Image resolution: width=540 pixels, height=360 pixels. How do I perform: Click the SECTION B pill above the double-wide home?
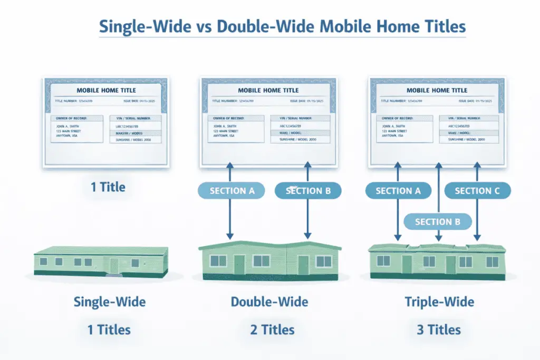(308, 191)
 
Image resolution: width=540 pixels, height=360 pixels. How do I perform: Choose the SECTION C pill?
(477, 191)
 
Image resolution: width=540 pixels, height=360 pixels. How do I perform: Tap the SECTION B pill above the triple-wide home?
(437, 222)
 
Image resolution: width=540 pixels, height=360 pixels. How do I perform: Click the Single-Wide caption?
(110, 302)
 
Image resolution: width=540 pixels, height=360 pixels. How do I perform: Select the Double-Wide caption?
(269, 302)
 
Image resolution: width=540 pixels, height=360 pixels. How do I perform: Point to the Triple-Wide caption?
(439, 302)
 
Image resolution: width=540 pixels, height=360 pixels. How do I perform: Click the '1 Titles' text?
(109, 330)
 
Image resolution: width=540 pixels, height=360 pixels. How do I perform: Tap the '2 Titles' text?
(273, 330)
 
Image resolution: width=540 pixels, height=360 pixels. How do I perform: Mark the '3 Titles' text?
(439, 330)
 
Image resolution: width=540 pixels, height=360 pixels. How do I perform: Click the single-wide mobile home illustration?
(98, 261)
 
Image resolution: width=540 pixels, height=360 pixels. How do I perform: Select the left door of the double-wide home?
(239, 264)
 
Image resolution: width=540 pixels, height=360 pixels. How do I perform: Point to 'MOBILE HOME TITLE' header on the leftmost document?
(106, 90)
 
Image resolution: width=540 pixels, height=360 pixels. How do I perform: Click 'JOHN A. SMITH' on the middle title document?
(226, 127)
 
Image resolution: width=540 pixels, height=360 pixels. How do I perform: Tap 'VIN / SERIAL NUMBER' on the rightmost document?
(465, 119)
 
